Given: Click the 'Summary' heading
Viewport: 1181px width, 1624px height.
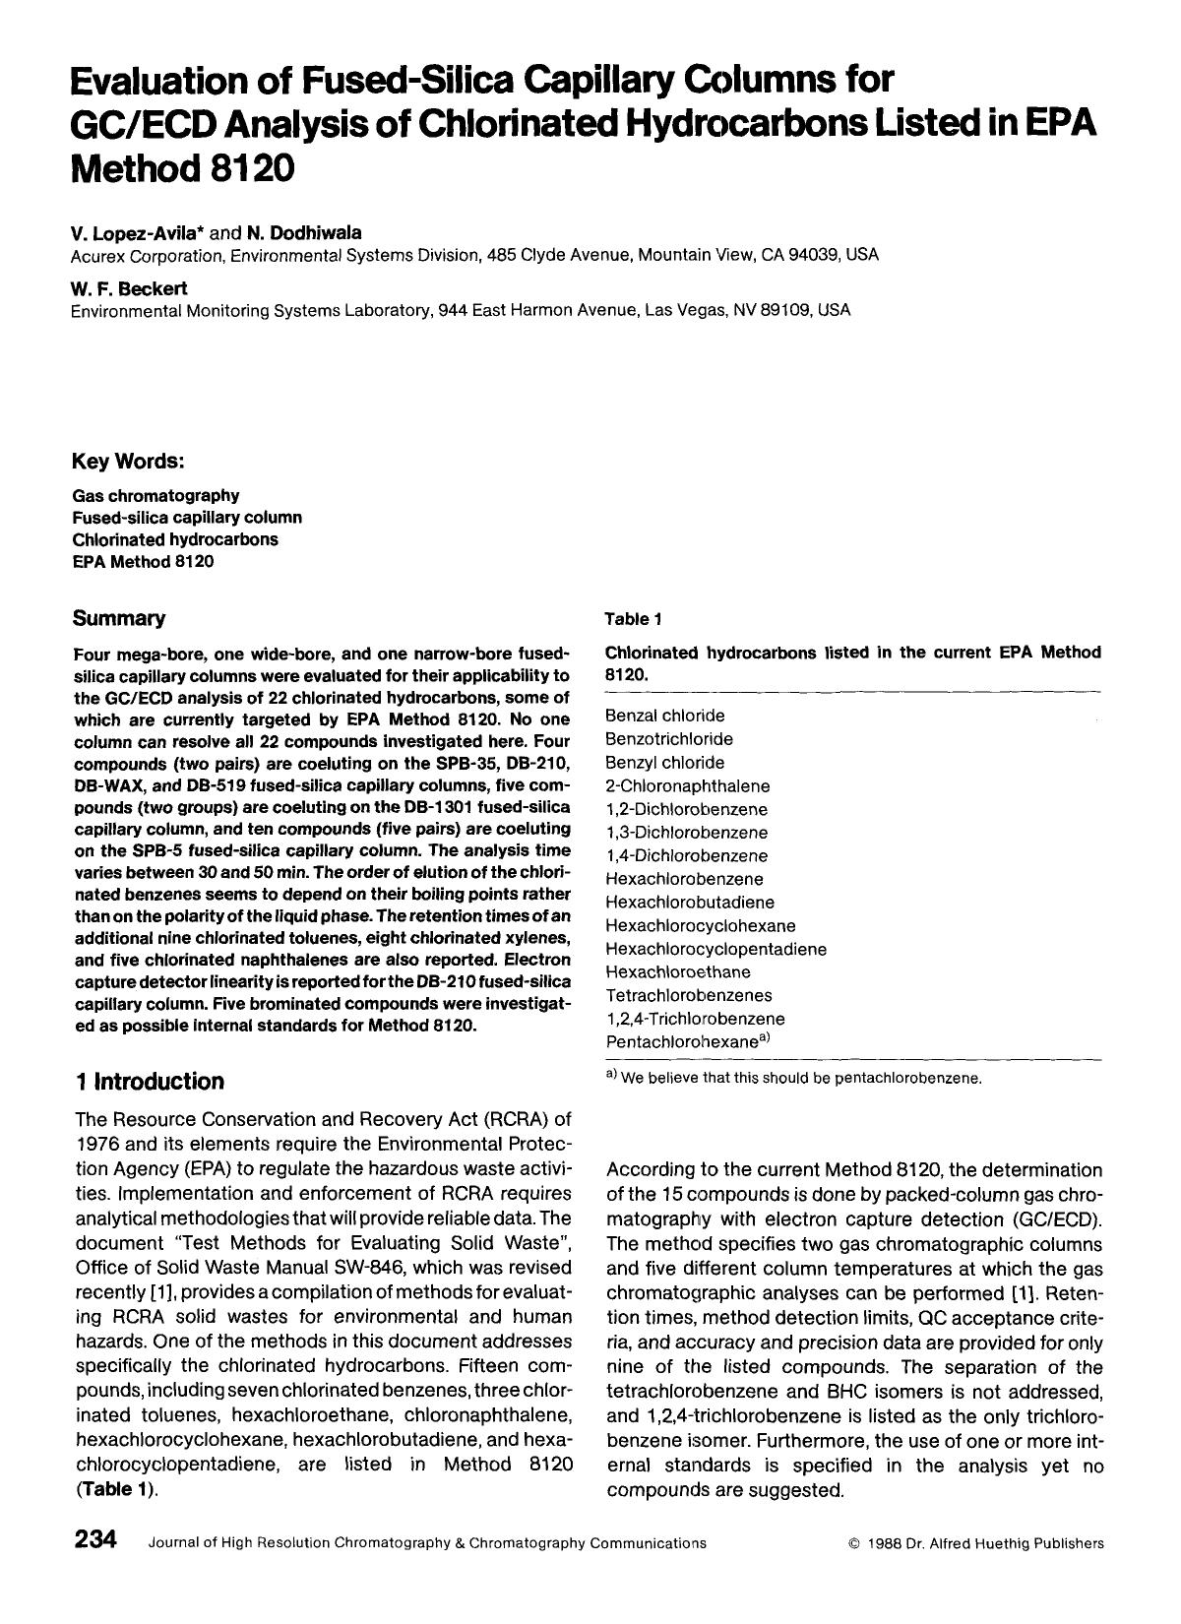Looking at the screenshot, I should (119, 618).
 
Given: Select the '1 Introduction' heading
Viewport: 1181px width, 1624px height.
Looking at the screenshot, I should (149, 1081).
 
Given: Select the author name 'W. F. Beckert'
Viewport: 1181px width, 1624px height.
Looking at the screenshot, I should (129, 288).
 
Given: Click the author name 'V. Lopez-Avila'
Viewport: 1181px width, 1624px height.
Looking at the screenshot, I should (138, 233).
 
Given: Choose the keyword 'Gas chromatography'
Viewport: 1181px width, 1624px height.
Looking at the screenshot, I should (155, 495).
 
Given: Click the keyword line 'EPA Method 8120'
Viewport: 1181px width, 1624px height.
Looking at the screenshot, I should (143, 562).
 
